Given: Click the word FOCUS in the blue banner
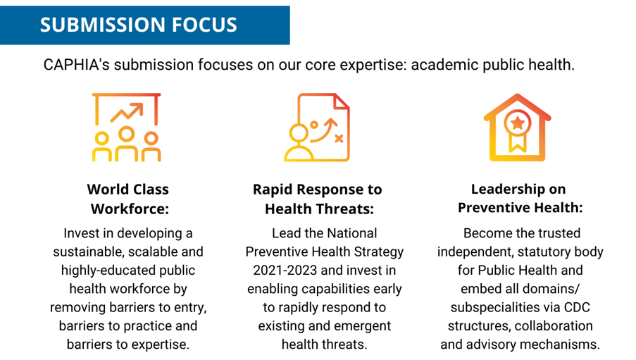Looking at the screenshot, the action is pos(204,25).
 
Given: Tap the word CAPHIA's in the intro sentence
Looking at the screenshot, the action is pos(77,65).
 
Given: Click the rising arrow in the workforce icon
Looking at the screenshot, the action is pos(127,113).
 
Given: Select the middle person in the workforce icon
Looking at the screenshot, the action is pos(127,144).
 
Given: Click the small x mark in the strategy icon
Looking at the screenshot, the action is pos(339,139).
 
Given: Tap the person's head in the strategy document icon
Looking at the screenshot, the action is pos(299,132).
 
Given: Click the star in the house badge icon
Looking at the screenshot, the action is pos(517,123).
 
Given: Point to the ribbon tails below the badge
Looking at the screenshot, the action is pos(517,143).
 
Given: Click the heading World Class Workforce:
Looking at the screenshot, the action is pos(128,199).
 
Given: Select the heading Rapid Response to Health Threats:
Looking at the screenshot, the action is pos(318,199).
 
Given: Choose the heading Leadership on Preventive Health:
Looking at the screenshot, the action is pos(519,198).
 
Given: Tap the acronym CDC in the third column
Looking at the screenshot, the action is pos(577,307).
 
